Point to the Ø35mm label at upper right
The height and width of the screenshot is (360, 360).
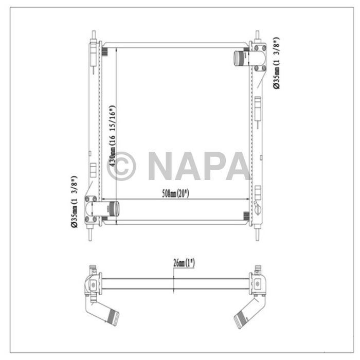pos(276,63)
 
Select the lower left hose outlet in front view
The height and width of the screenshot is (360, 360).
pos(112,208)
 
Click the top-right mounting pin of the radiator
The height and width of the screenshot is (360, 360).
pos(256,35)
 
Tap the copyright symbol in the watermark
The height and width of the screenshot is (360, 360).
pos(121,166)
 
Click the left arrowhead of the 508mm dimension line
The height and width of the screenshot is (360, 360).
pos(102,199)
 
